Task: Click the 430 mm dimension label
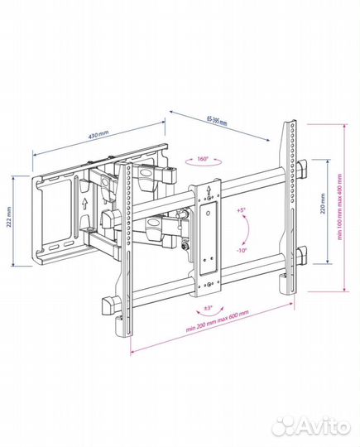pyautogui.click(x=98, y=134)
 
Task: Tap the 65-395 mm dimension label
pyautogui.click(x=217, y=121)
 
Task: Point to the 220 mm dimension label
pyautogui.click(x=323, y=204)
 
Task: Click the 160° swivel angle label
pyautogui.click(x=203, y=159)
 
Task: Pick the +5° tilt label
pyautogui.click(x=241, y=210)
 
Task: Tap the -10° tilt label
pyautogui.click(x=242, y=250)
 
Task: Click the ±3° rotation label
pyautogui.click(x=209, y=308)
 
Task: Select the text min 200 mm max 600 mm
pyautogui.click(x=218, y=321)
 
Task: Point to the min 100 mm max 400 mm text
pyautogui.click(x=339, y=207)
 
